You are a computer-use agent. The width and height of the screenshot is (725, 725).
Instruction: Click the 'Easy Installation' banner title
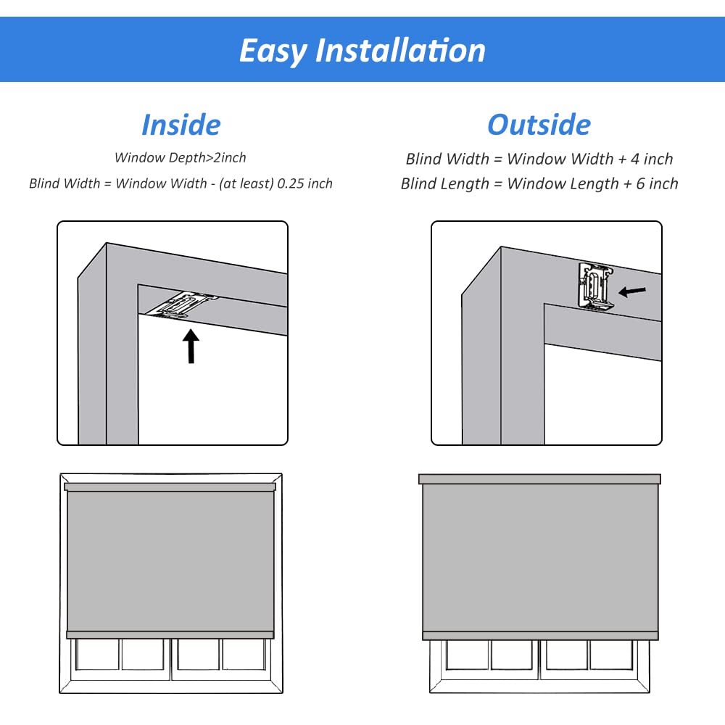(x=362, y=51)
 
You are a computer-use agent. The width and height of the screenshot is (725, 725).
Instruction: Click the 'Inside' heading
(x=181, y=125)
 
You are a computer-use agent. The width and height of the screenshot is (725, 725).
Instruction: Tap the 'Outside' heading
(x=539, y=125)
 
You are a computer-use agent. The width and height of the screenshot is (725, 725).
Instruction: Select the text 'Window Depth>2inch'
(x=181, y=157)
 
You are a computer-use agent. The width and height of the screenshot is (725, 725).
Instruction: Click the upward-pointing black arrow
(x=191, y=347)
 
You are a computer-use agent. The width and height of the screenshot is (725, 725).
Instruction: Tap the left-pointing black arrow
(x=632, y=291)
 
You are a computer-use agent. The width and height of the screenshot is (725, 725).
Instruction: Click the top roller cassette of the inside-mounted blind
(x=170, y=486)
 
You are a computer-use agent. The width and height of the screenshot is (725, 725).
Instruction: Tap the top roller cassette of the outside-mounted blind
(x=539, y=479)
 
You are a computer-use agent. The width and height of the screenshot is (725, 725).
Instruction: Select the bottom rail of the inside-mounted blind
(x=170, y=634)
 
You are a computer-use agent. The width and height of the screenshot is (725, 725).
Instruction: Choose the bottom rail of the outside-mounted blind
(x=539, y=635)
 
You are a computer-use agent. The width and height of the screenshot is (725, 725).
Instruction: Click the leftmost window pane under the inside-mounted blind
(x=97, y=654)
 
